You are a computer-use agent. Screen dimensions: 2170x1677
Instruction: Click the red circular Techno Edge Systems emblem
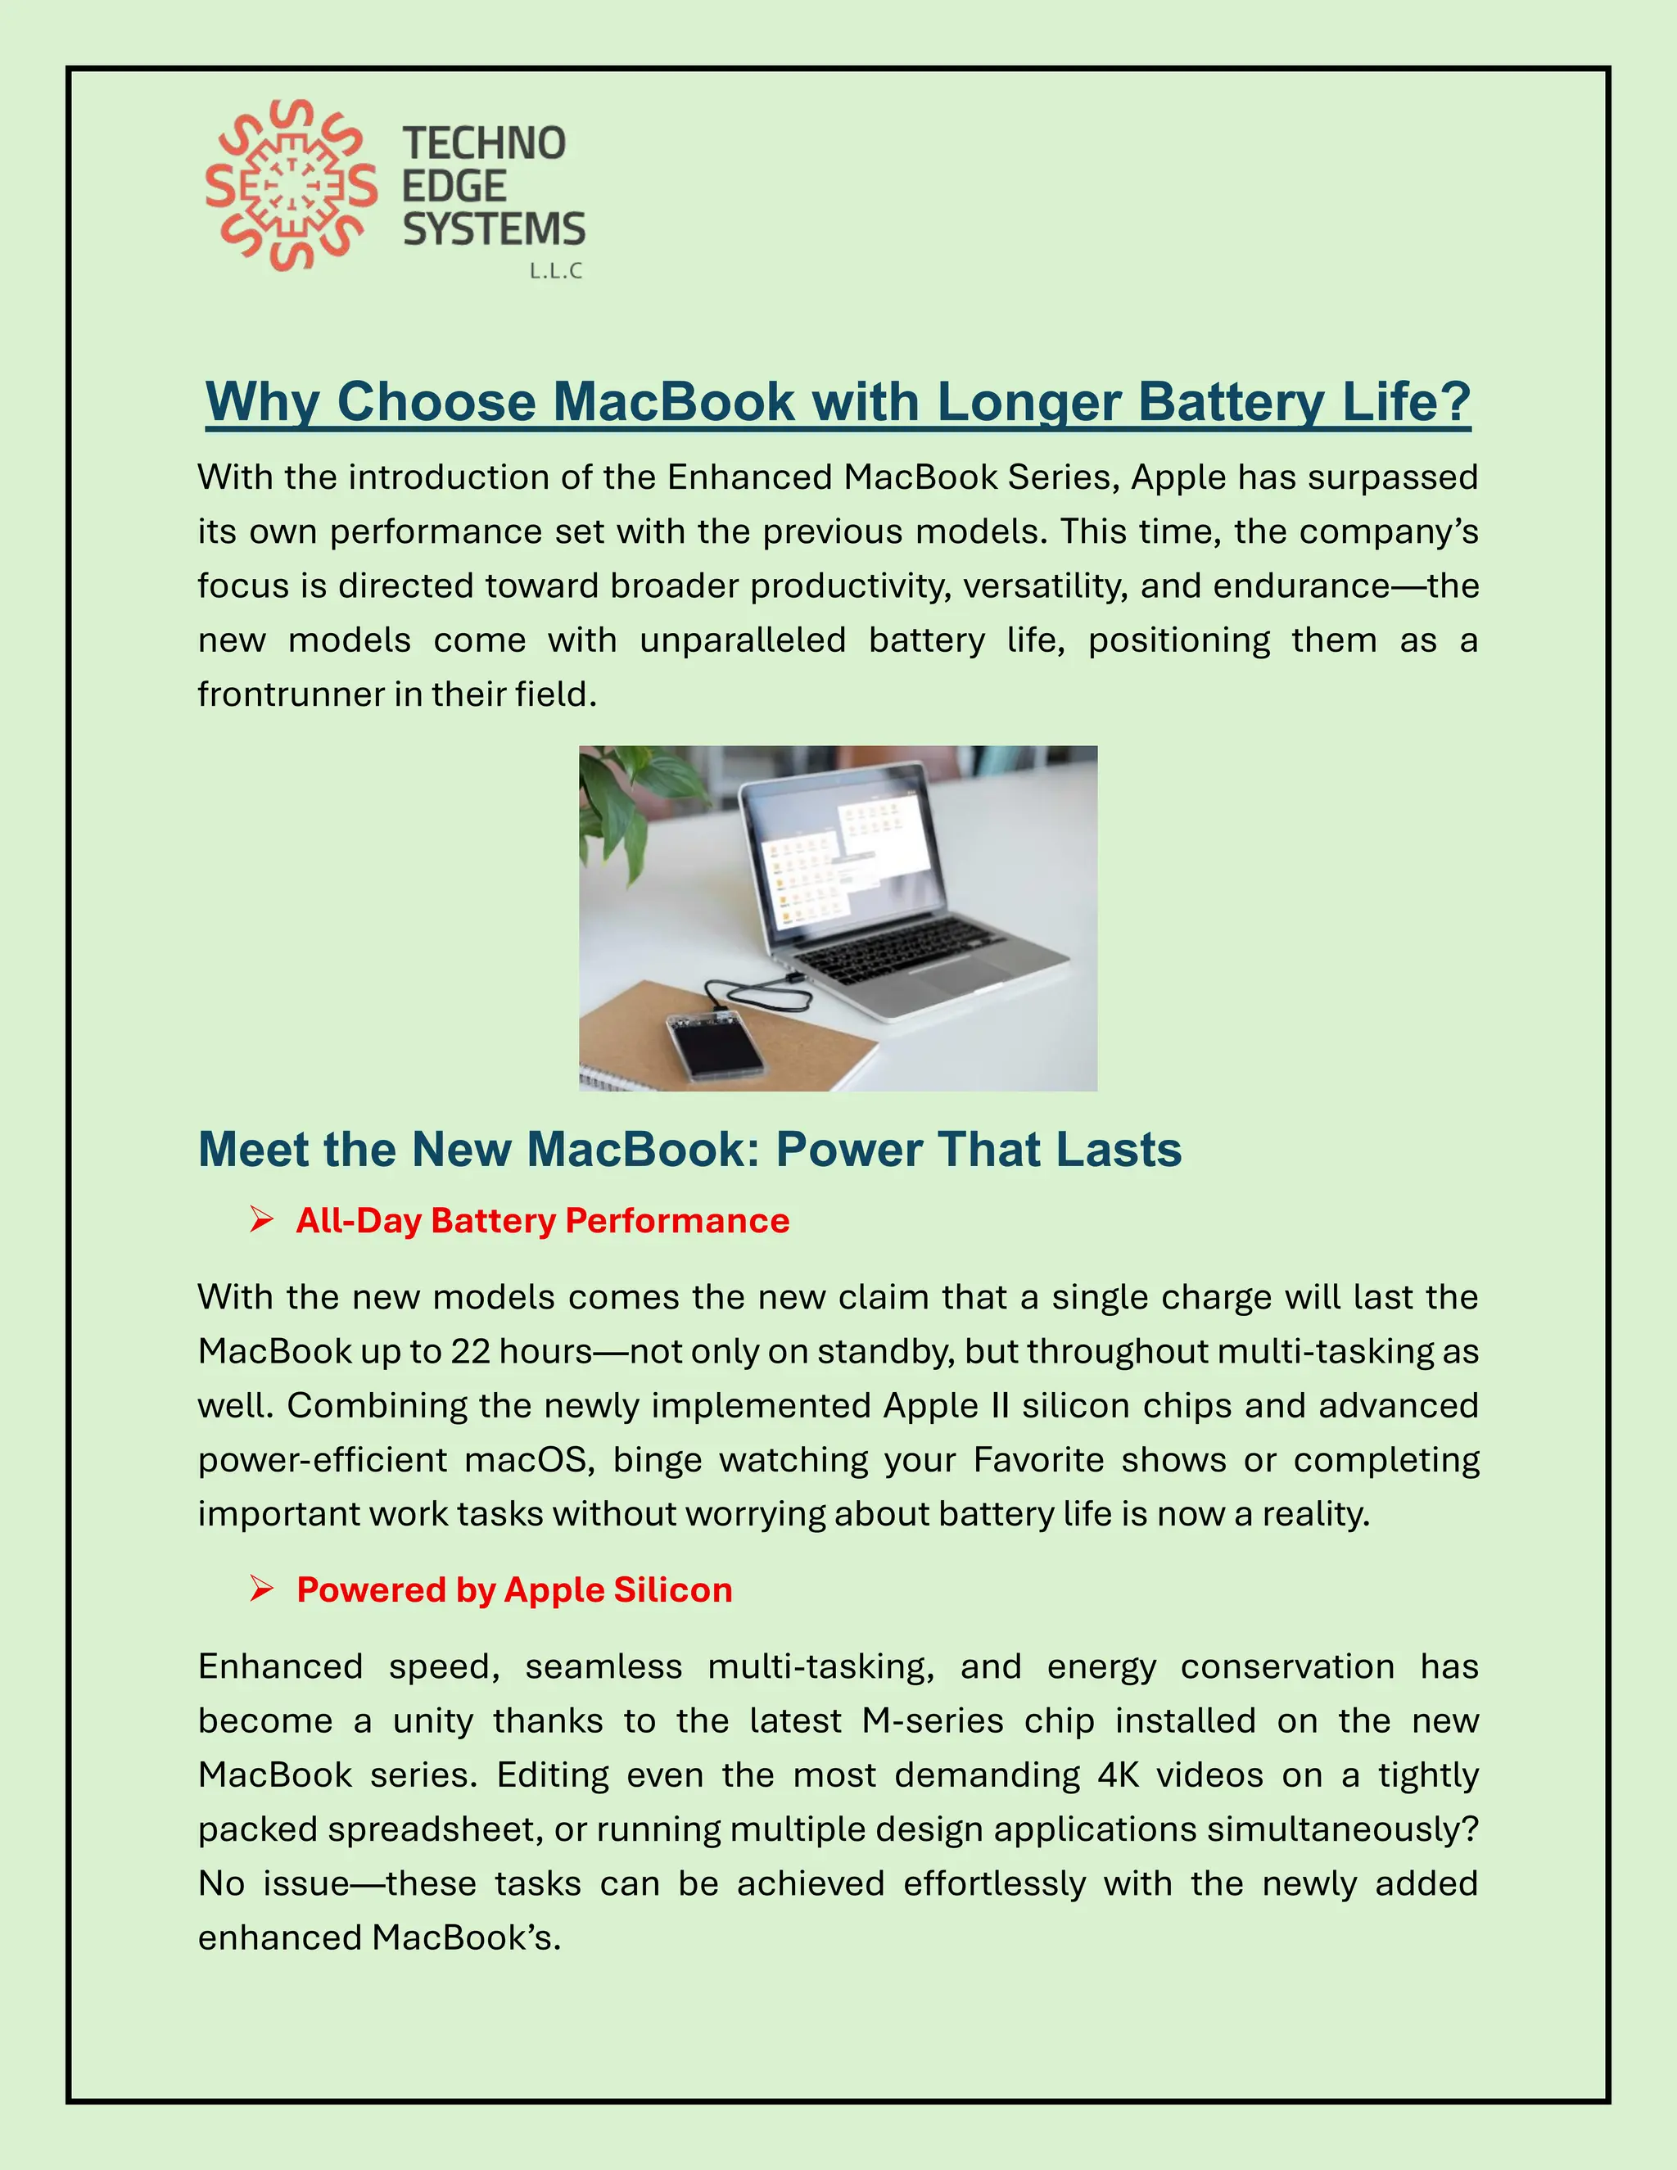pyautogui.click(x=290, y=186)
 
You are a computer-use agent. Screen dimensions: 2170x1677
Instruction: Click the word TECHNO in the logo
pyautogui.click(x=484, y=144)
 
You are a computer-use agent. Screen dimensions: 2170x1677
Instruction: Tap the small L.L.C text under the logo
pyautogui.click(x=555, y=271)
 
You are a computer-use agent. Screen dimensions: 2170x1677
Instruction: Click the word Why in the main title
pyautogui.click(x=261, y=402)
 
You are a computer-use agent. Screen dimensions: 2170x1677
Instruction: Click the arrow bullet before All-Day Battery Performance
pyautogui.click(x=261, y=1219)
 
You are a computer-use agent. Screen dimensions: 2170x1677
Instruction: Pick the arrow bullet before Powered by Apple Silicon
pyautogui.click(x=261, y=1589)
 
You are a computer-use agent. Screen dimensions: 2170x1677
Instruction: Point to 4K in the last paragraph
pyautogui.click(x=1118, y=1775)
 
